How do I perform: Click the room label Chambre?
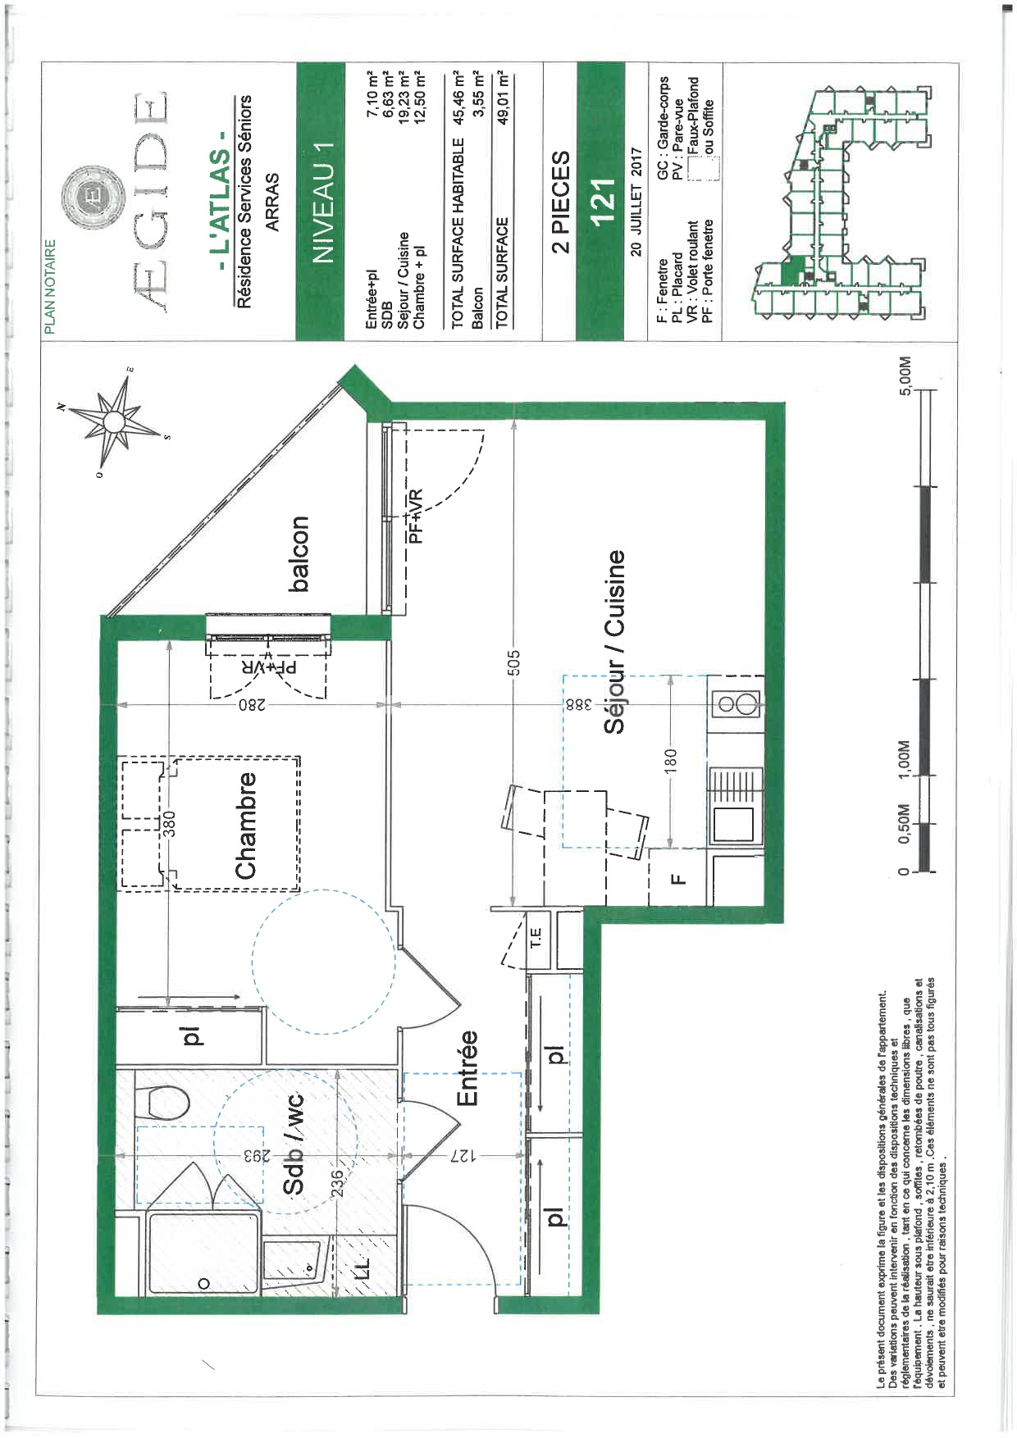tap(247, 826)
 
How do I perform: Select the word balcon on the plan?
tap(299, 553)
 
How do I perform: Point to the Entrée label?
tap(466, 1068)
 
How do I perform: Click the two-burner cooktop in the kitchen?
tap(735, 703)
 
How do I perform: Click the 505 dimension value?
tap(514, 662)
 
